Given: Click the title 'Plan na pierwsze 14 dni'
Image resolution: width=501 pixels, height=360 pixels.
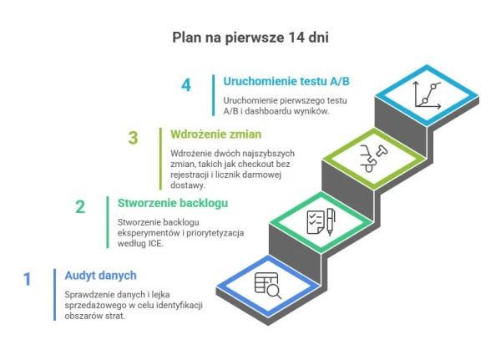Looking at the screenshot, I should [x=250, y=37].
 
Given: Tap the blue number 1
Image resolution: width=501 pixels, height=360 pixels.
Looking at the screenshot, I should [x=27, y=279].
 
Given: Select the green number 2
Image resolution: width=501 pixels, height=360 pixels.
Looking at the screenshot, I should [x=80, y=207].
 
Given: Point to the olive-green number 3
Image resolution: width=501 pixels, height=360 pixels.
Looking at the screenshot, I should [x=133, y=138].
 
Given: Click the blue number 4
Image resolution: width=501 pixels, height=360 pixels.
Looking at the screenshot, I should [x=186, y=84].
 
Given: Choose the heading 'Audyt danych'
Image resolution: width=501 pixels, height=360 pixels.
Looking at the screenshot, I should [x=100, y=276].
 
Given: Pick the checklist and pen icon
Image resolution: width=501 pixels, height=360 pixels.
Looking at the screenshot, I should [x=321, y=221].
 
